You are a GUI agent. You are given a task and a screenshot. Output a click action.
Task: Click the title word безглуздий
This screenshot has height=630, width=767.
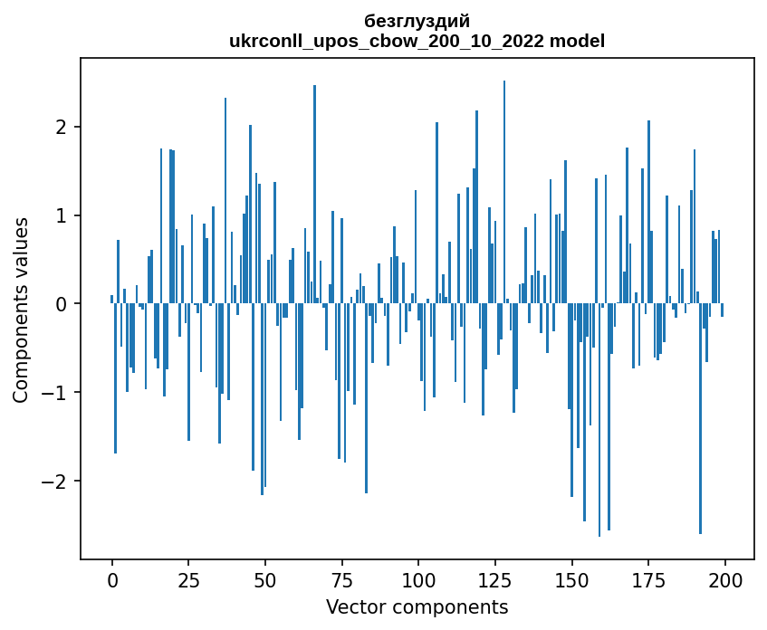pos(417,21)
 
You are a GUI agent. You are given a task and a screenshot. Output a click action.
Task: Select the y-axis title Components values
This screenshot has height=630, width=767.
pos(21,310)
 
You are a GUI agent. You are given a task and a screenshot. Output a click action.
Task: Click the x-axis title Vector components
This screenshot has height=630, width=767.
pos(417,606)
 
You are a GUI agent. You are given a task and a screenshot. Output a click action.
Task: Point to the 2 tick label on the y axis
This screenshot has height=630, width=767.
pos(62,127)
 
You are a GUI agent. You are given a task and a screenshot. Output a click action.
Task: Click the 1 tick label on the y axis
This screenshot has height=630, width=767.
pos(62,215)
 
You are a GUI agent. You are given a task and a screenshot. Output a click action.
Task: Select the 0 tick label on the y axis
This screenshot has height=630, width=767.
pos(62,304)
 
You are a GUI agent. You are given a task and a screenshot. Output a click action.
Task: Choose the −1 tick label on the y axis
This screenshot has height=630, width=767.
pos(56,393)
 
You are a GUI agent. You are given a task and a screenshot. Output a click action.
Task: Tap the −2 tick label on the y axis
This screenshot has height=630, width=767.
pos(56,481)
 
